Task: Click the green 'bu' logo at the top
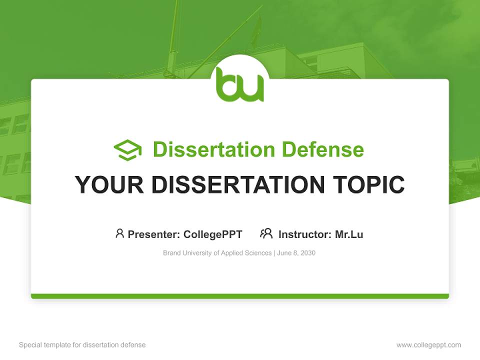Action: [239, 85]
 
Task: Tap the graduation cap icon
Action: [127, 150]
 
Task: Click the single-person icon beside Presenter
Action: [119, 233]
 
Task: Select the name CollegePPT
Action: [212, 234]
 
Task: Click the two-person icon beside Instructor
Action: [266, 233]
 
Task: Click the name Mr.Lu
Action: [349, 234]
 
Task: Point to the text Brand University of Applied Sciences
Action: [217, 253]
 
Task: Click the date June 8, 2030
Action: [296, 253]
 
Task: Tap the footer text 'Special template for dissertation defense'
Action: [82, 345]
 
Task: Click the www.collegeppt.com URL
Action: [428, 345]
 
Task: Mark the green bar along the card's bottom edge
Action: [239, 296]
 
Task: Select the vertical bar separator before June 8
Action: [274, 253]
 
